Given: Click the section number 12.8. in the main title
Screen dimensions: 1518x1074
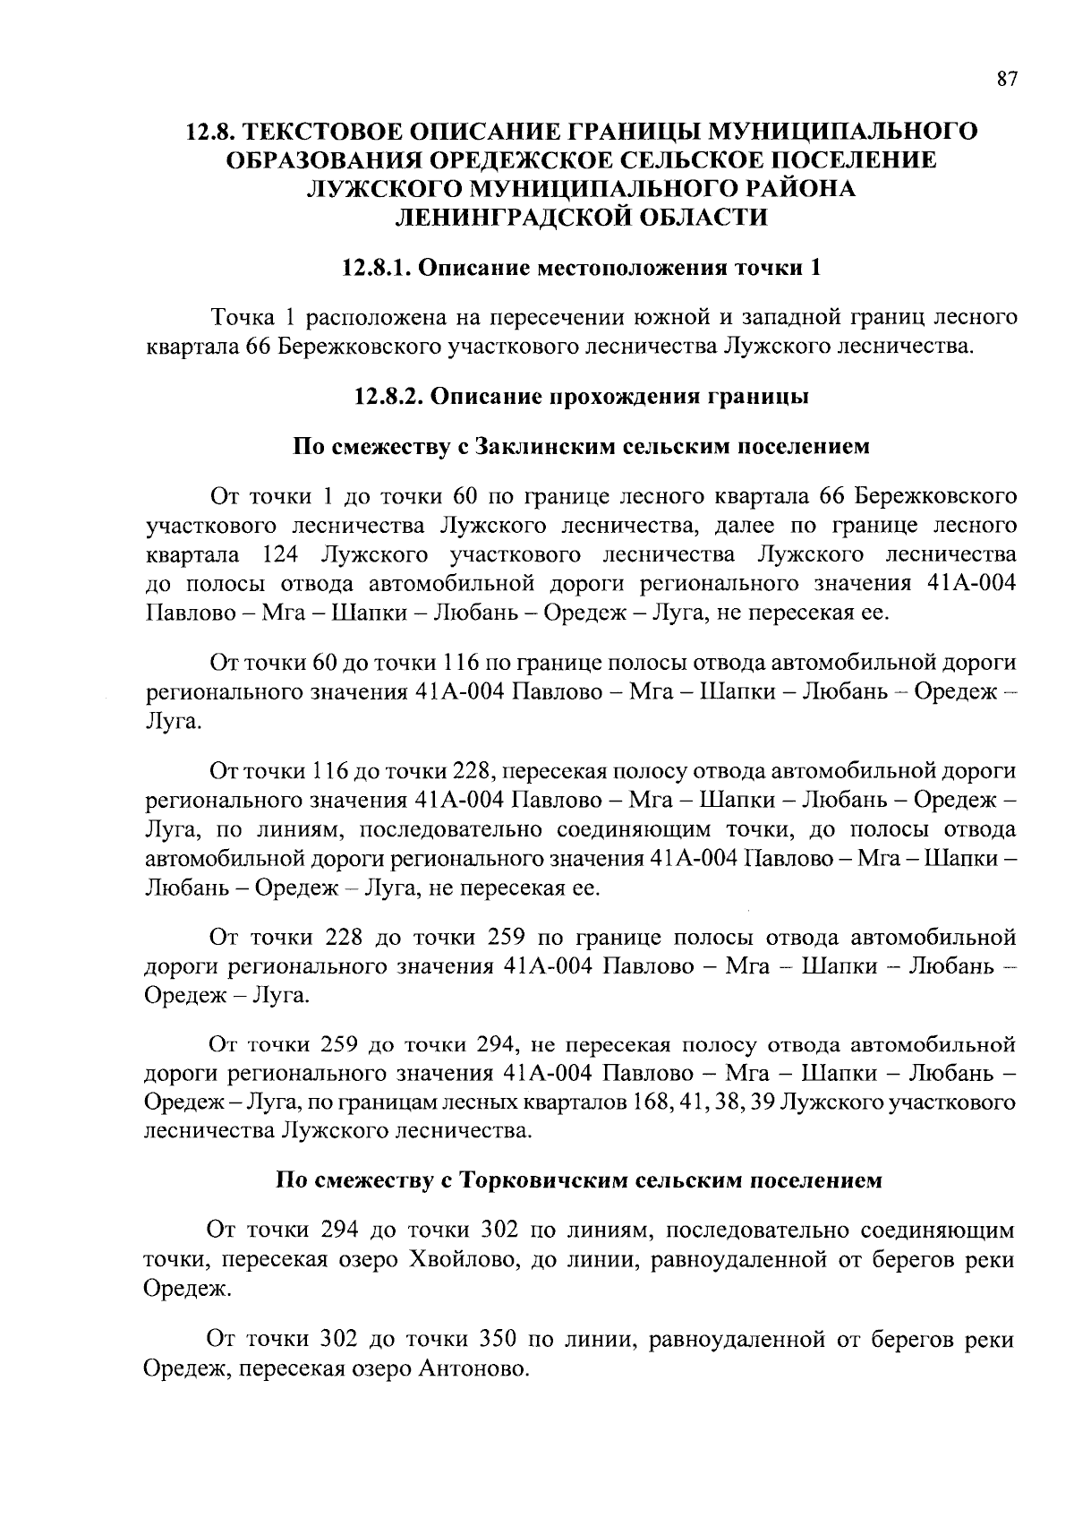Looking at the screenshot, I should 211,132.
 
